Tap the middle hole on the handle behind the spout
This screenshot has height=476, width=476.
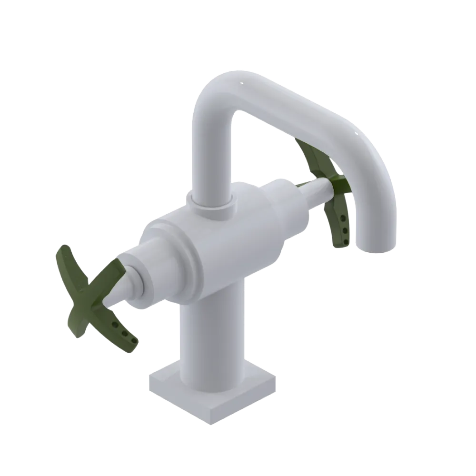pos(342,231)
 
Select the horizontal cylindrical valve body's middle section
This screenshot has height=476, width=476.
pos(224,248)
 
